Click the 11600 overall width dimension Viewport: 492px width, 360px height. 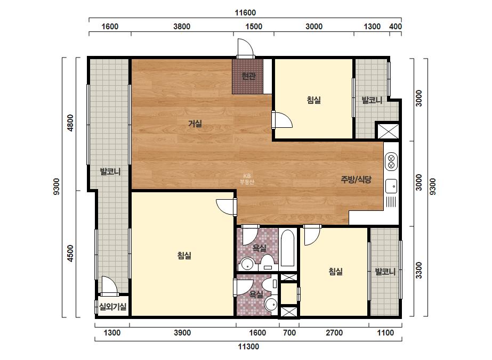(245, 13)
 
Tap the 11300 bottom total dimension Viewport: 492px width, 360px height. (248, 347)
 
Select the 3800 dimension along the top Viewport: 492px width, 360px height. (182, 26)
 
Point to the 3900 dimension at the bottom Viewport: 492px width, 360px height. (182, 333)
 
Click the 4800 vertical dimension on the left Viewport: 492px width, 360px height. (70, 123)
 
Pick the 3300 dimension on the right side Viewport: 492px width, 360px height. (419, 271)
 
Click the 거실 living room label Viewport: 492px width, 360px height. (195, 124)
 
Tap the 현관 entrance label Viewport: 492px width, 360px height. (249, 76)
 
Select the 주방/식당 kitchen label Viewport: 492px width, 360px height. (356, 179)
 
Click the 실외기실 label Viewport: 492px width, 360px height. (112, 306)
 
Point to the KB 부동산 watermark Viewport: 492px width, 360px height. (247, 179)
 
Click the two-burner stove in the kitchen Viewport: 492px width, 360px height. (391, 161)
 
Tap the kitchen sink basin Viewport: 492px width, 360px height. (391, 186)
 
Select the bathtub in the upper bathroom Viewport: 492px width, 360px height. (288, 248)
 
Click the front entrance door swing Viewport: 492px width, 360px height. (245, 48)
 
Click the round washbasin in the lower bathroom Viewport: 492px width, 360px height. (271, 304)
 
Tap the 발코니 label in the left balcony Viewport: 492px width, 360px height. (110, 171)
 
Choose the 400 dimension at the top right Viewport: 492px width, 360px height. (396, 26)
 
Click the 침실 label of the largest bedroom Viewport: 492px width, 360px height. (184, 256)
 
